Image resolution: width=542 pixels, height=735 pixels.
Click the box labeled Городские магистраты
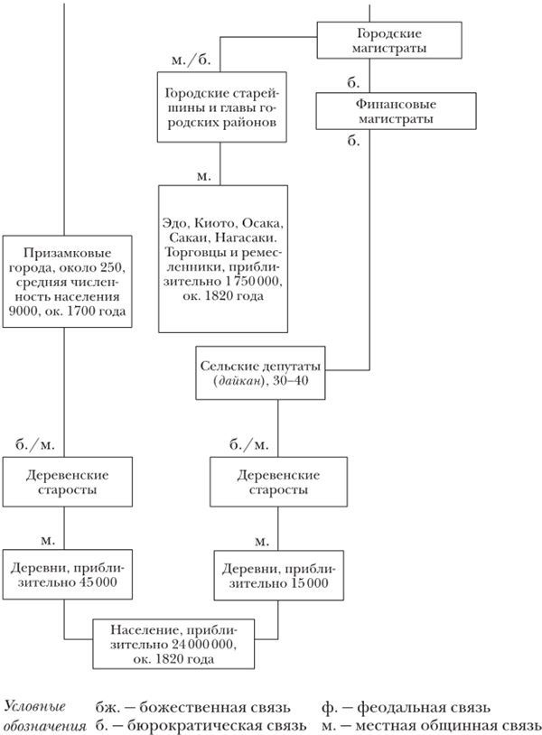388,39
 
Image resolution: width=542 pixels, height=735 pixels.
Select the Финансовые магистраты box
388,111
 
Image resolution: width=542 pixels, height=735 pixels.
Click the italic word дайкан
237,385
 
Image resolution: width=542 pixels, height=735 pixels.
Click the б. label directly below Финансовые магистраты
353,140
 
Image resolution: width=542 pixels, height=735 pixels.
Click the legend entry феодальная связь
425,707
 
